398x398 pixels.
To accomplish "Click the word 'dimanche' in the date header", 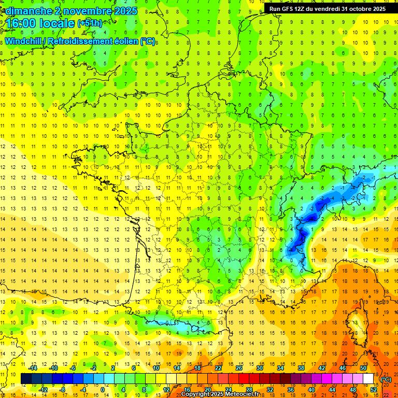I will (x=26, y=10).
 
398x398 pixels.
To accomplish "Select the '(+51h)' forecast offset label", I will (x=90, y=23).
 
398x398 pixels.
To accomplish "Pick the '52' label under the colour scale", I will (x=374, y=389).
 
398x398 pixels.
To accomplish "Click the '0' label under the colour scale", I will (x=103, y=389).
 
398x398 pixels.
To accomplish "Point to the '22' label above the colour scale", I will (x=218, y=368).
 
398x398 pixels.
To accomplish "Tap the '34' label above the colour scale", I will (x=280, y=368).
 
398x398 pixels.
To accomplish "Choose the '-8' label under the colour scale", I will (x=62, y=389).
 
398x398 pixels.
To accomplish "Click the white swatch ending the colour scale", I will (x=368, y=379).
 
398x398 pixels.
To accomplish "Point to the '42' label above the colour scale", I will (x=322, y=368).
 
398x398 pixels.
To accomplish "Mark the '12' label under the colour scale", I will (x=166, y=389).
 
